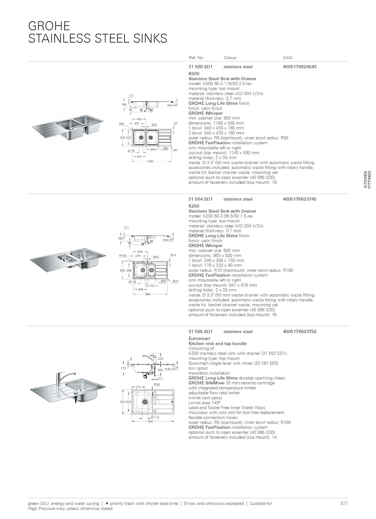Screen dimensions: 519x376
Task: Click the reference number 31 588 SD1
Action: point(201,67)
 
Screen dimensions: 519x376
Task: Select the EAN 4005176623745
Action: point(300,199)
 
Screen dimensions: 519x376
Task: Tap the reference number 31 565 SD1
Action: point(201,331)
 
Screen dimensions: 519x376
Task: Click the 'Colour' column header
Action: point(230,58)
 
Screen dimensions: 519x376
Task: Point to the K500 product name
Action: point(194,74)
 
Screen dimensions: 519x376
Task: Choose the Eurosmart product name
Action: point(199,339)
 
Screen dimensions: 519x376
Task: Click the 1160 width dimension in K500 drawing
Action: point(150,161)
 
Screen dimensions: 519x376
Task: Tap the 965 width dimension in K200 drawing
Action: point(148,294)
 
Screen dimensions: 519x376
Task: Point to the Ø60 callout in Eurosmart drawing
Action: point(157,385)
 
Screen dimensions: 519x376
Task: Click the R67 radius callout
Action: point(164,281)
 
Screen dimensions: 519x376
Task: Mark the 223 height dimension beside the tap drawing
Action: point(161,359)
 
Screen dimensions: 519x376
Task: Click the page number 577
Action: point(344,504)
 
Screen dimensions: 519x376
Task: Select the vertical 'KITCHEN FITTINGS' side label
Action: point(367,179)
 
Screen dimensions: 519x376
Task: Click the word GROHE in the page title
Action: point(49,26)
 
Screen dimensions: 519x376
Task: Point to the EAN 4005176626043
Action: point(300,67)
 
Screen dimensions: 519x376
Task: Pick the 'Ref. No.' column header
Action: point(196,58)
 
